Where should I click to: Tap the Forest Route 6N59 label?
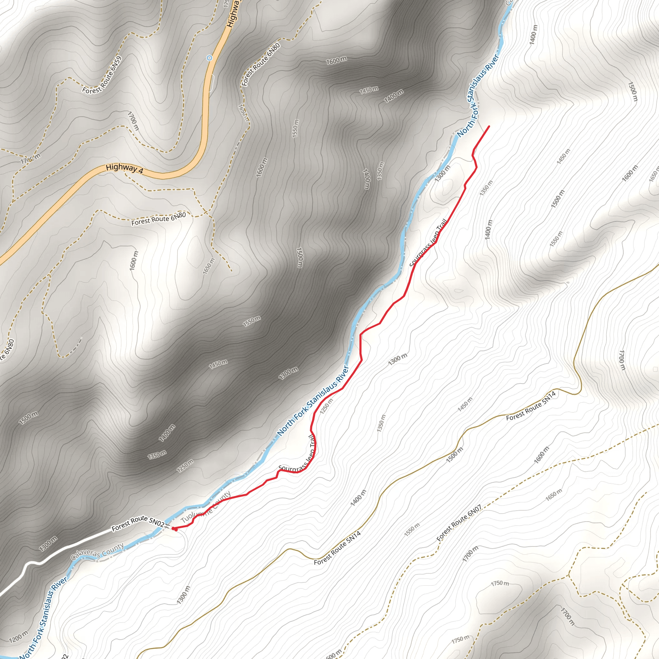(x=102, y=75)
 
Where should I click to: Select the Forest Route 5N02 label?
(x=138, y=523)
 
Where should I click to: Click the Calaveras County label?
(x=97, y=552)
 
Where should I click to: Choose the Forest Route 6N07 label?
(x=459, y=523)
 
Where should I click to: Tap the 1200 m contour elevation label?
(x=18, y=637)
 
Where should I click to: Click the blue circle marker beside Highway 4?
(x=209, y=58)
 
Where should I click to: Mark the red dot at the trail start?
(x=174, y=529)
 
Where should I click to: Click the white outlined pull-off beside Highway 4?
(x=211, y=83)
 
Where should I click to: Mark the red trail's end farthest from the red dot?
(x=489, y=126)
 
